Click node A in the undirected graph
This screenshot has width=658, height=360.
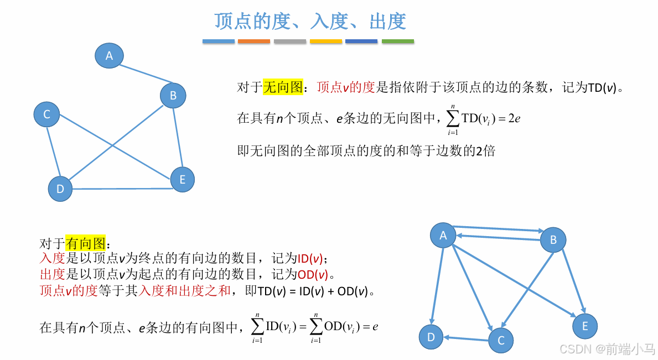(x=109, y=55)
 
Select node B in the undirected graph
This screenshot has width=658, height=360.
(x=173, y=96)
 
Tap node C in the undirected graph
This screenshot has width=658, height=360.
(x=46, y=114)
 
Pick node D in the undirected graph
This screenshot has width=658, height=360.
(x=60, y=189)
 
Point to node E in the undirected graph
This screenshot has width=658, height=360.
(x=182, y=180)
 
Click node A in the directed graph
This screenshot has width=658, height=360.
(x=443, y=236)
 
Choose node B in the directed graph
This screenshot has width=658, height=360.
(x=553, y=240)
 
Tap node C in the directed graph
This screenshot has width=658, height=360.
(x=501, y=340)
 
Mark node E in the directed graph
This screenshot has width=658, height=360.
(x=585, y=326)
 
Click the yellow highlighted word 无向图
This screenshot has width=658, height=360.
(x=283, y=87)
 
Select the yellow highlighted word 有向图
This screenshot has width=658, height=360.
(x=85, y=243)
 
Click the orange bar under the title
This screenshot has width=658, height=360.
(x=254, y=41)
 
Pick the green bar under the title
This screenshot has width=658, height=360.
(x=397, y=41)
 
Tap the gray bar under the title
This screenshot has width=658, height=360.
(x=290, y=41)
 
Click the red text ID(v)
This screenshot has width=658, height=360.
(x=310, y=258)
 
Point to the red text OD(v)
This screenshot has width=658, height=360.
(x=312, y=274)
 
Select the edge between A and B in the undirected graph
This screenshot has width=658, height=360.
(x=141, y=74)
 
